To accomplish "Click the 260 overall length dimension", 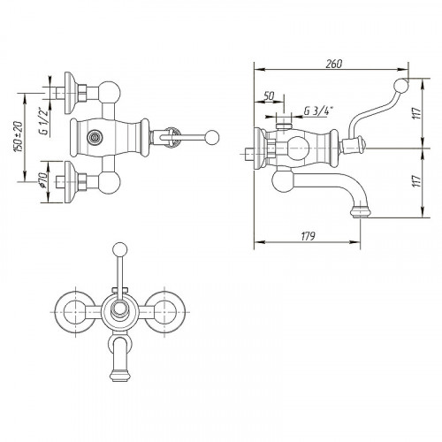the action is (x=334, y=64).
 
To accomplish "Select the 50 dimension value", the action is (x=269, y=95).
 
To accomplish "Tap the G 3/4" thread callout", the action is (x=318, y=111).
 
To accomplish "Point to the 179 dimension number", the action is (x=309, y=236).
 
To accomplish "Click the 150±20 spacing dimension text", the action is (x=19, y=136).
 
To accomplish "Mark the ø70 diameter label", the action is (x=42, y=180).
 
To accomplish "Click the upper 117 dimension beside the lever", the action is (x=417, y=113).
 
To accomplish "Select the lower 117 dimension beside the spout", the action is (x=416, y=181).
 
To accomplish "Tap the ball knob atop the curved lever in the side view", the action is (x=401, y=86).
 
